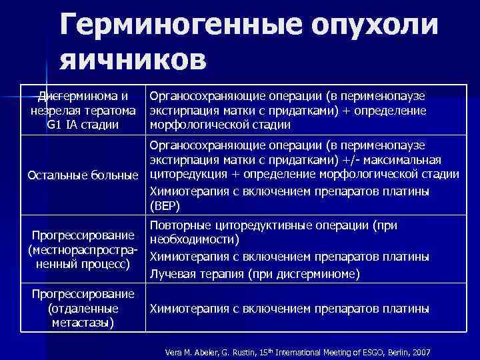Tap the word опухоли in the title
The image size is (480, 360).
(374, 26)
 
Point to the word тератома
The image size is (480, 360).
(109, 110)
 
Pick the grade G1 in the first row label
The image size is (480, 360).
(55, 124)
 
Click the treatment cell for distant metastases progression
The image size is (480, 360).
(289, 309)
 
